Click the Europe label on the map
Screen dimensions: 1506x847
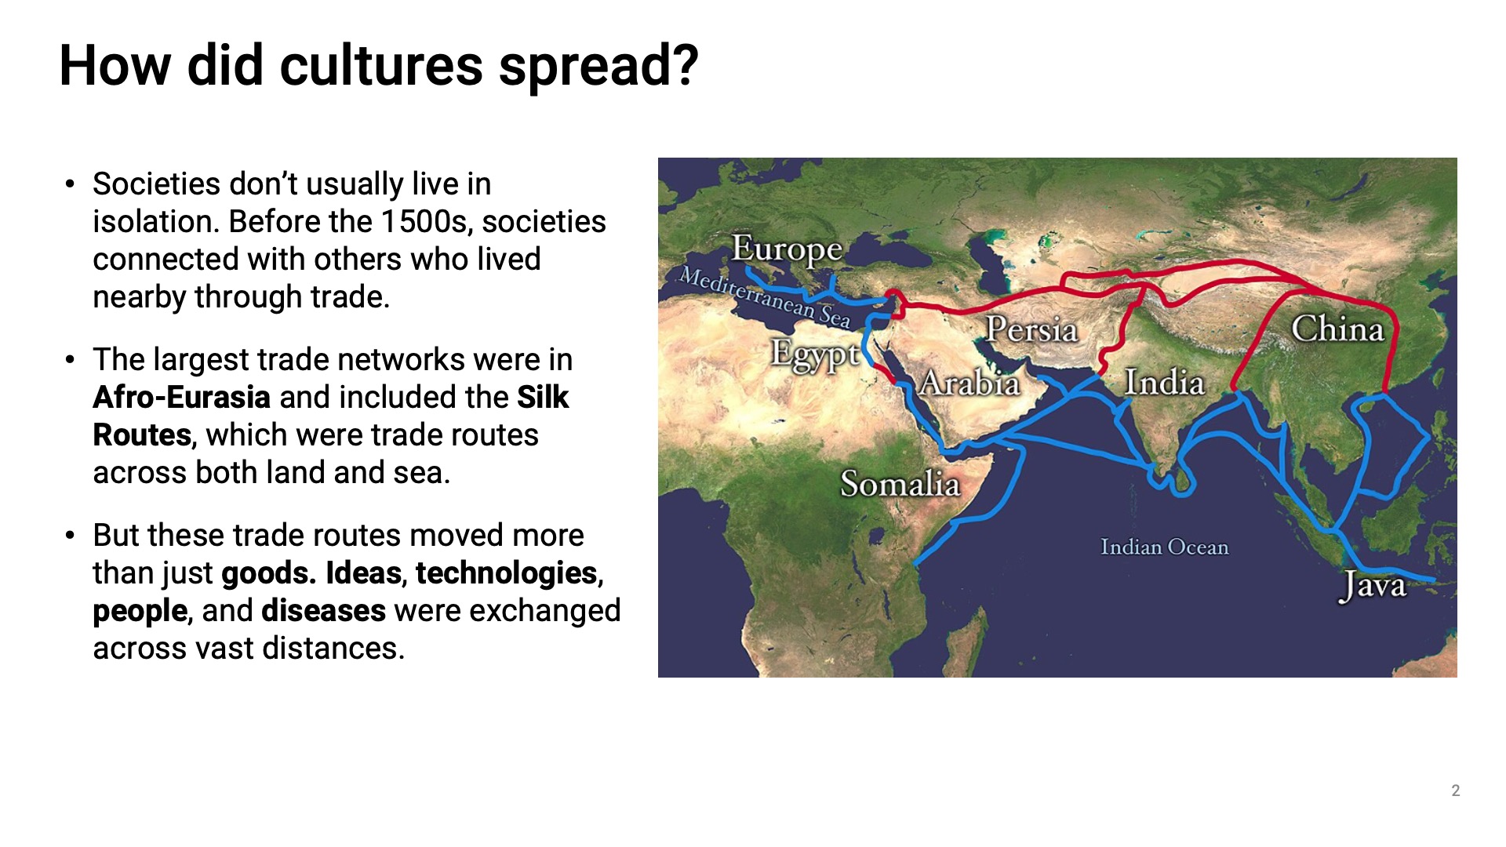[787, 251]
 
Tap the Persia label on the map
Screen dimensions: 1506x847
[1031, 329]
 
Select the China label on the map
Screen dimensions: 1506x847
[1337, 329]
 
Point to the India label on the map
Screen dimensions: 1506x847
[1164, 383]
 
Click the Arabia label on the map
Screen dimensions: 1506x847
[969, 383]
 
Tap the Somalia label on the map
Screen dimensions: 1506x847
[900, 484]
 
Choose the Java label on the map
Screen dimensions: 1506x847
[1373, 586]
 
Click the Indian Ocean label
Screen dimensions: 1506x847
[1164, 547]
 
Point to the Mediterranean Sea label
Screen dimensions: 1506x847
[765, 297]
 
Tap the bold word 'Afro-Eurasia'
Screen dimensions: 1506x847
[182, 398]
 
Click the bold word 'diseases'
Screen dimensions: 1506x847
[323, 611]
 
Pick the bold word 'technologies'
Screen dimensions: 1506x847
[507, 574]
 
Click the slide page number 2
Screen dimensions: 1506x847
[1456, 791]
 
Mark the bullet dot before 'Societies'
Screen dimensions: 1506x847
[71, 185]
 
